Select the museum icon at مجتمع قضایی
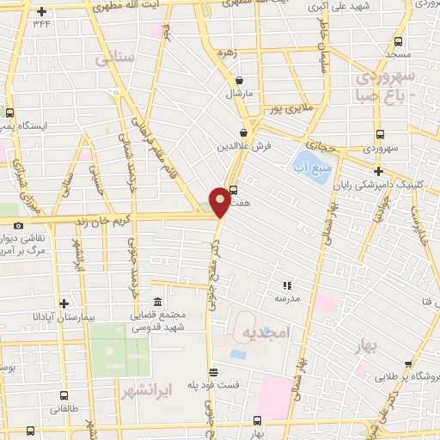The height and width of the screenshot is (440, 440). pyautogui.click(x=157, y=302)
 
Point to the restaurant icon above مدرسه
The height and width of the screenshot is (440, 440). pyautogui.click(x=287, y=284)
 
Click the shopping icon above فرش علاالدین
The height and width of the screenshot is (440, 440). pyautogui.click(x=245, y=134)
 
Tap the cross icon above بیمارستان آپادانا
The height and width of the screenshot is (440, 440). pyautogui.click(x=64, y=302)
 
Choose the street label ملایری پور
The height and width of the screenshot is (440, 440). pyautogui.click(x=284, y=110)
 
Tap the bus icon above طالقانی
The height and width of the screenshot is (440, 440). pyautogui.click(x=64, y=396)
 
